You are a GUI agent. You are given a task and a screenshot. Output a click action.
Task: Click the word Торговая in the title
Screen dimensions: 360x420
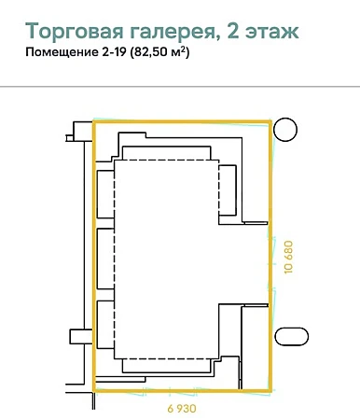pos(75,31)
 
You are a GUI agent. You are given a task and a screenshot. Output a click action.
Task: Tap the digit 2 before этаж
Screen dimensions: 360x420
pos(233,30)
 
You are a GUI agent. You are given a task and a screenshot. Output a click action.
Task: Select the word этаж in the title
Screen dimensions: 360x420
pos(271,32)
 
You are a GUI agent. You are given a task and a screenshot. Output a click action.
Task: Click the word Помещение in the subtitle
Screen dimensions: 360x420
pos(62,52)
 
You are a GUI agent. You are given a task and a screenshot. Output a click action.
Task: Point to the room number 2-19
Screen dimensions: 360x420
pos(114,51)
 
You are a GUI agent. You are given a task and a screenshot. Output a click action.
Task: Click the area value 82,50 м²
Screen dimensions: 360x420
pos(160,51)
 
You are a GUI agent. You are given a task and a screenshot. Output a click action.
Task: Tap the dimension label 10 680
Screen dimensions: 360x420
pos(288,257)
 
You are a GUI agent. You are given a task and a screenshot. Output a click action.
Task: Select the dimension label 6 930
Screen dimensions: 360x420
pos(182,408)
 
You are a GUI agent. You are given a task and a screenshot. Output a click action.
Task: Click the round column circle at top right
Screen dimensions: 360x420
pos(285,130)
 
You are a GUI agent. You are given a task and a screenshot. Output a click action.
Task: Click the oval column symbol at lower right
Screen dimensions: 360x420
pos(292,336)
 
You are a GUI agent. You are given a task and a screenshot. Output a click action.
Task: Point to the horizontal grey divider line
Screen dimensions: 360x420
pos(180,87)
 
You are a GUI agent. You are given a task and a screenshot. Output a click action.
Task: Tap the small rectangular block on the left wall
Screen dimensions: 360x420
pos(81,337)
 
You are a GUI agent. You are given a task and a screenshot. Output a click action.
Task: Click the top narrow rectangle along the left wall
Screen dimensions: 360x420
pos(105,194)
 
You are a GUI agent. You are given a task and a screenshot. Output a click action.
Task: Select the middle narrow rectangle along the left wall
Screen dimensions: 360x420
pos(105,259)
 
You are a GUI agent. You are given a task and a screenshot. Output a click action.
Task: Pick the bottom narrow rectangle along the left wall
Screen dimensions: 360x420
pos(105,325)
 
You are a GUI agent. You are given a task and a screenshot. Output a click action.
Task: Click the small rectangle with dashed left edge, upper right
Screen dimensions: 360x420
pos(228,190)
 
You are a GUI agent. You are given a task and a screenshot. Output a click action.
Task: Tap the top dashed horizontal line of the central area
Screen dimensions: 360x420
pos(167,160)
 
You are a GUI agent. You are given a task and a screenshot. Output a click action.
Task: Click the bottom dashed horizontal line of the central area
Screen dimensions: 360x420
pos(167,358)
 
